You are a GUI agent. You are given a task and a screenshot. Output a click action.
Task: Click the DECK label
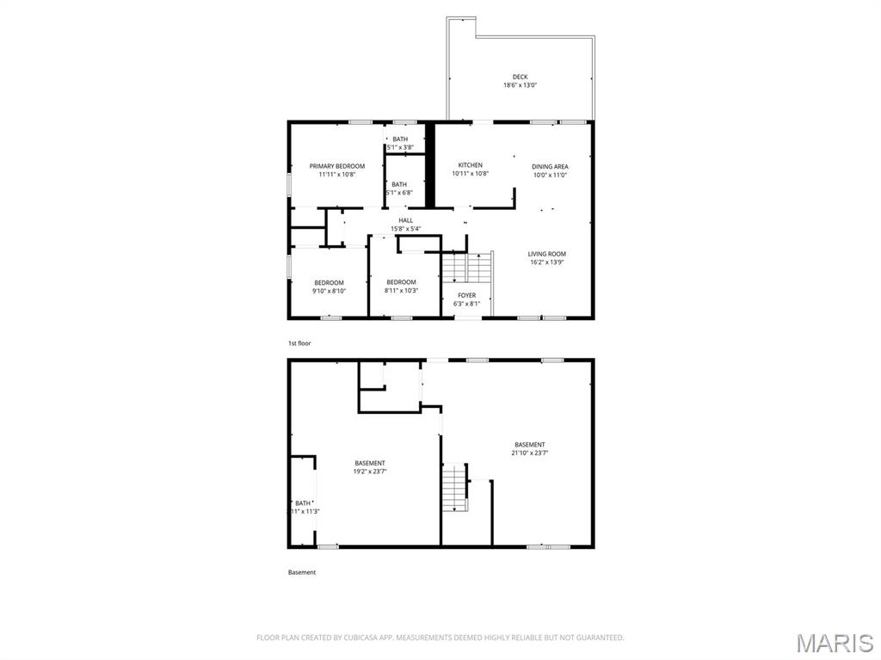click(x=520, y=77)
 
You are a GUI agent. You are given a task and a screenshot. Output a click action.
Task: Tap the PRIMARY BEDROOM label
click(x=337, y=166)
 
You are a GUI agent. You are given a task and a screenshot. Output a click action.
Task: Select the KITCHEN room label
click(x=470, y=165)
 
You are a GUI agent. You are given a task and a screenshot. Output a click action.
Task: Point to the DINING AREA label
click(x=549, y=166)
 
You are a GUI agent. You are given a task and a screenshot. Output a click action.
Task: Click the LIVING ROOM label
click(x=546, y=254)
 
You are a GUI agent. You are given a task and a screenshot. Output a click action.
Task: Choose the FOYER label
click(x=466, y=295)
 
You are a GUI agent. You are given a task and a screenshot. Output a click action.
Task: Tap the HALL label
click(x=405, y=220)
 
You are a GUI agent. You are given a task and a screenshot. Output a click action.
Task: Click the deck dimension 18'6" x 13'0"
click(x=520, y=85)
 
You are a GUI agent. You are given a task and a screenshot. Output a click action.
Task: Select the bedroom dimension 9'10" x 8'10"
click(x=329, y=291)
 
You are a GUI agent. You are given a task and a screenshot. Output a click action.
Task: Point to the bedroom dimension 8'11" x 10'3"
click(x=401, y=291)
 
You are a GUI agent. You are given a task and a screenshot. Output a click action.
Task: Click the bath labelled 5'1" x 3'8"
click(x=400, y=147)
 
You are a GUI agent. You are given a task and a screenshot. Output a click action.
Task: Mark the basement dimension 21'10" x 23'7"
click(x=529, y=453)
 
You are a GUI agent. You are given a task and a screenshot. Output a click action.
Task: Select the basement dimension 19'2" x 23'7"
click(x=369, y=472)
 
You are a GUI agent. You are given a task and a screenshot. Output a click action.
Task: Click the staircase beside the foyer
click(x=467, y=268)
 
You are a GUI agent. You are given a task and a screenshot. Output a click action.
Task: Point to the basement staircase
click(x=454, y=487)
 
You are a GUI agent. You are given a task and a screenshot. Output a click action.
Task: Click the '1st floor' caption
click(x=299, y=343)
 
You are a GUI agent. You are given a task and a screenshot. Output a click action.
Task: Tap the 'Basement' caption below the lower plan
click(x=301, y=572)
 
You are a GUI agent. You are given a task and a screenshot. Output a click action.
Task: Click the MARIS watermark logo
click(x=835, y=642)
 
